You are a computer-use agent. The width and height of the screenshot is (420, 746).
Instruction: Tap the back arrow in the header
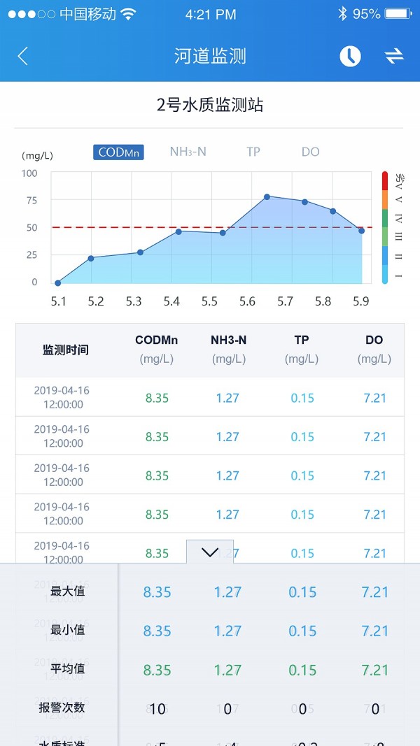[x=23, y=57]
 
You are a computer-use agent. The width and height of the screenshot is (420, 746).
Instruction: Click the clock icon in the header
[x=350, y=57]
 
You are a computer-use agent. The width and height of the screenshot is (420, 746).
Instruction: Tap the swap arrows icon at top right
[x=394, y=57]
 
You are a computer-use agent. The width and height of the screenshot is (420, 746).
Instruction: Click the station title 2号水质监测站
[x=210, y=106]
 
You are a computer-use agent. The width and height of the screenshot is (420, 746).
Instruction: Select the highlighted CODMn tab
[x=118, y=152]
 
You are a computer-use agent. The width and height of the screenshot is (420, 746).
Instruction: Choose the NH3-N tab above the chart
[x=188, y=152]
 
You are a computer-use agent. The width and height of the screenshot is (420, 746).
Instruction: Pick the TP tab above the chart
[x=253, y=152]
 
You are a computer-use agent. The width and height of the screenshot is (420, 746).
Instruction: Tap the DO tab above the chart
[x=310, y=152]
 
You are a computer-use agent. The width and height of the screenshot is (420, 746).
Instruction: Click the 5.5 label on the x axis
[x=209, y=302]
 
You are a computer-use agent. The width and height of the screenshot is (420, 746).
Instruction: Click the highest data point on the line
[x=267, y=196]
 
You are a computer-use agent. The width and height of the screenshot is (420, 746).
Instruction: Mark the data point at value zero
[x=58, y=283]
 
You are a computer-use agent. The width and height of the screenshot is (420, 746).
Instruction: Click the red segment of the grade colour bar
[x=385, y=180]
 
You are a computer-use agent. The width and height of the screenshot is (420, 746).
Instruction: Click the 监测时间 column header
[x=66, y=350]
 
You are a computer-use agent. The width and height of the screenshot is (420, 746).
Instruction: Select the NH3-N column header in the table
[x=228, y=340]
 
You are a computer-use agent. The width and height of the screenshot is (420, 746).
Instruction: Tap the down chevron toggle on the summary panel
[x=210, y=552]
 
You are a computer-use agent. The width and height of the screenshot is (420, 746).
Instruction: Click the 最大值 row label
[x=68, y=591]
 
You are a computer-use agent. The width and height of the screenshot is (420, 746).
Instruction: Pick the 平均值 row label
[x=68, y=669]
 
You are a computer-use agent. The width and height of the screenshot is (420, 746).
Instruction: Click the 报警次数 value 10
[x=157, y=709]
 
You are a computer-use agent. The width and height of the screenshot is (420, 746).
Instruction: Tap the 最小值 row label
[x=68, y=630]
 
